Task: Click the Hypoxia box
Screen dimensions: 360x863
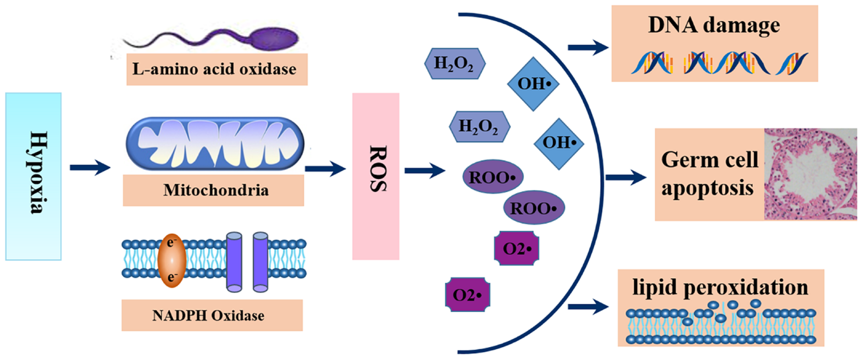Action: (x=34, y=176)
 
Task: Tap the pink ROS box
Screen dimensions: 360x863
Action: (x=375, y=176)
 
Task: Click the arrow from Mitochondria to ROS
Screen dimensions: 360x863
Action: (x=325, y=169)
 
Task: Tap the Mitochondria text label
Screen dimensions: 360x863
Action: (x=215, y=190)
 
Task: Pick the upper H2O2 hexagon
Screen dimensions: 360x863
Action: (x=454, y=63)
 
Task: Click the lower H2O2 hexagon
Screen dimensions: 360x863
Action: (x=479, y=127)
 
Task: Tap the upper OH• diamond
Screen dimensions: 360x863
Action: (x=534, y=84)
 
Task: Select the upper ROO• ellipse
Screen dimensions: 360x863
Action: (x=492, y=177)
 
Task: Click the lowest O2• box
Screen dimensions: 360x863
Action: (x=467, y=295)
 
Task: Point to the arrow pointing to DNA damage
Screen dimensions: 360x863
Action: (x=588, y=48)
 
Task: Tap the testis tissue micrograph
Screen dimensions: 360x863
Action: (x=810, y=174)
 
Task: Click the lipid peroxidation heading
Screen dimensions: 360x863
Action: (x=720, y=287)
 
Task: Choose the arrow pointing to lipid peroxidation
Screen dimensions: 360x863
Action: (x=588, y=307)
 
